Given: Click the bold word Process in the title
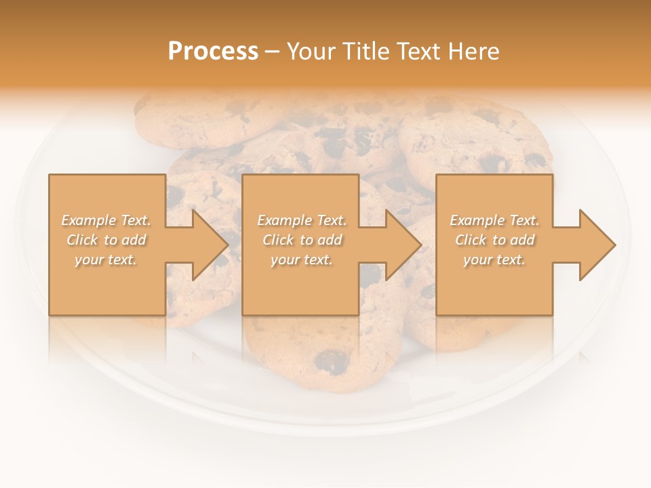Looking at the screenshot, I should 213,52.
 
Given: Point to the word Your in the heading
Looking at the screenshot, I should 311,52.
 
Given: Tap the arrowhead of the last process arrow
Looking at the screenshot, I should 597,245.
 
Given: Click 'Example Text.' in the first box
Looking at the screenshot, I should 106,220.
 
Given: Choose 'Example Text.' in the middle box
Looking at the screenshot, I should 302,220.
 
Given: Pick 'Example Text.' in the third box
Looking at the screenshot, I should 494,220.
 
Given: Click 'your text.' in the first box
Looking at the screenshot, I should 106,260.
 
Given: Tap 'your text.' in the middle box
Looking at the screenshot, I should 301,260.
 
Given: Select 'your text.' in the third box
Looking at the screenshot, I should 494,260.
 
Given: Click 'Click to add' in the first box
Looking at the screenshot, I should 106,240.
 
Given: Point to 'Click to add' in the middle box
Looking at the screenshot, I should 302,240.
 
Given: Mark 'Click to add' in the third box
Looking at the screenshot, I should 494,240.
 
